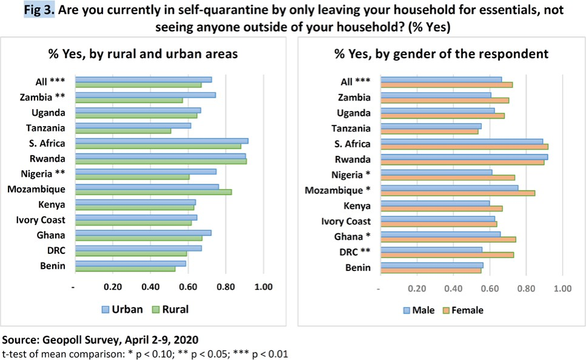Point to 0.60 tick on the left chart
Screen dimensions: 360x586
pyautogui.click(x=188, y=287)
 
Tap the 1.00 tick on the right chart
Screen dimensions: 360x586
pyautogui.click(x=563, y=288)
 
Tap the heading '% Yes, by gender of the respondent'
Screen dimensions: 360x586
pyautogui.click(x=441, y=54)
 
